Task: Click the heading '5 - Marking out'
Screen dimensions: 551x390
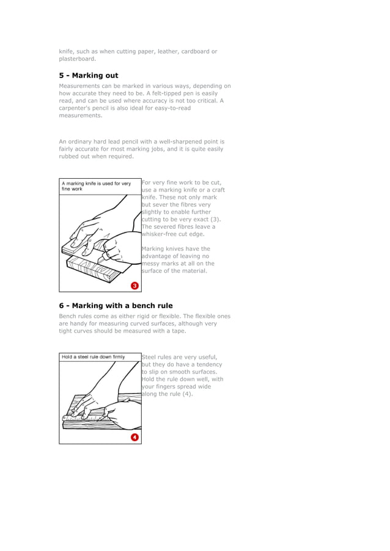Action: pos(89,76)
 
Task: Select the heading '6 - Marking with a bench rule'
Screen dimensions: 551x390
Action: pos(116,305)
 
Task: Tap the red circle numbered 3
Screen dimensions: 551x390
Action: pos(134,286)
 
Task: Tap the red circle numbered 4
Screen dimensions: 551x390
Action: pos(134,437)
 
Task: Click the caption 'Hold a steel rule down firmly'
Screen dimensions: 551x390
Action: pos(93,357)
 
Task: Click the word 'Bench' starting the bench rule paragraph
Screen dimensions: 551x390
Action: pos(67,316)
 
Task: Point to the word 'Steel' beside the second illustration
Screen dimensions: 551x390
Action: pos(150,357)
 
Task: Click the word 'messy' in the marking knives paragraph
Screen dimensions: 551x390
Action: pos(152,264)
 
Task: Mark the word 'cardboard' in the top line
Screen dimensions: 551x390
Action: pos(195,51)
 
